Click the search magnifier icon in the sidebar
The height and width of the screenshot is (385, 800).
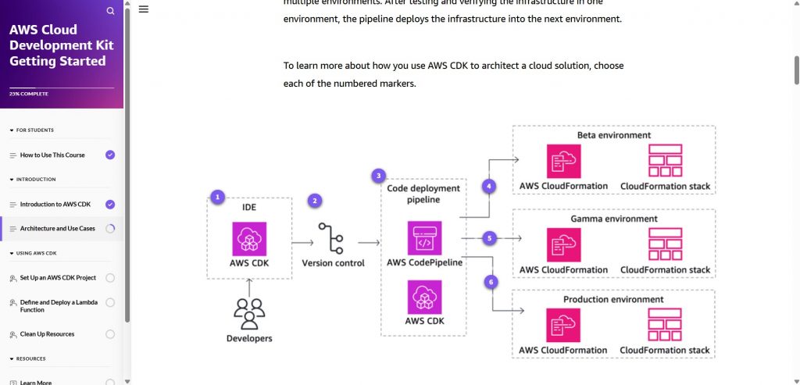point(110,11)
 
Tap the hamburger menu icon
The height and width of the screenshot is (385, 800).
point(143,9)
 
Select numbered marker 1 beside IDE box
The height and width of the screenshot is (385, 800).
point(218,197)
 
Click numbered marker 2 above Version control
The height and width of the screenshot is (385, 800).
point(315,201)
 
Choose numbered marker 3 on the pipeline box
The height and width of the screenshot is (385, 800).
point(379,176)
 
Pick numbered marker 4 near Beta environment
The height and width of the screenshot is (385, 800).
point(489,187)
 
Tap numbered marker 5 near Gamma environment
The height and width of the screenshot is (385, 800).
point(489,237)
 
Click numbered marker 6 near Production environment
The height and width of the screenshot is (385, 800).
point(491,281)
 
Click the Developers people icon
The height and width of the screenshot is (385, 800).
point(249,314)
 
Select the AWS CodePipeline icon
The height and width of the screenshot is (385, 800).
point(424,238)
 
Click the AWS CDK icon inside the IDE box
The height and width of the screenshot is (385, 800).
point(249,238)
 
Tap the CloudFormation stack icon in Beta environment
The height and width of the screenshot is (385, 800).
point(665,161)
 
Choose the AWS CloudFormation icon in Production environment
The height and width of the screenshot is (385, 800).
point(562,326)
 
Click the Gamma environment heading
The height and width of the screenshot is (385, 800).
point(613,219)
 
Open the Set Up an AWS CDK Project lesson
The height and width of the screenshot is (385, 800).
point(58,278)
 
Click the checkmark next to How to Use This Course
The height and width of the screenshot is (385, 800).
point(110,155)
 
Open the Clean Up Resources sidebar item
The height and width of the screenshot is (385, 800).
point(47,334)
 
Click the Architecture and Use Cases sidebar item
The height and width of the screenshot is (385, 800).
point(58,229)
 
